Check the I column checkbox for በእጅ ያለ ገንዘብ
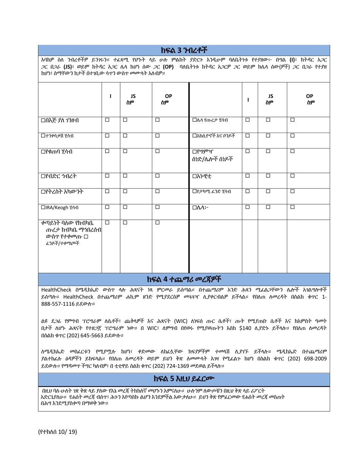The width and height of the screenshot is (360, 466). (107, 120)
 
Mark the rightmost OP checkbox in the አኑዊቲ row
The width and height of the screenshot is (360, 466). (293, 175)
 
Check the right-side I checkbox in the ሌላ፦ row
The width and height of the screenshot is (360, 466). (247, 207)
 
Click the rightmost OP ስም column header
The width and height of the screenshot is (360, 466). (309, 99)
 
